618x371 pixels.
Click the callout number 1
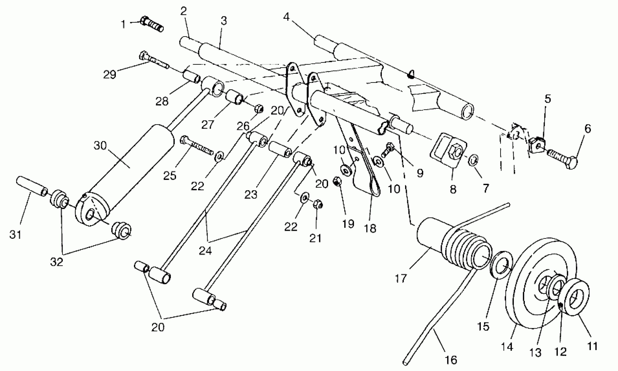[123, 24]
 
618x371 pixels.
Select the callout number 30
[100, 146]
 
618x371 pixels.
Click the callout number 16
[451, 360]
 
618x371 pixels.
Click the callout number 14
[507, 347]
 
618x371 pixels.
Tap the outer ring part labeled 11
[577, 297]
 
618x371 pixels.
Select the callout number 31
[15, 235]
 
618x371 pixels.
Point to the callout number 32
[57, 262]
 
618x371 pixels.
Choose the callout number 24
[205, 251]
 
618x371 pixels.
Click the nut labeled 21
[317, 204]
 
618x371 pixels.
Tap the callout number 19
[348, 224]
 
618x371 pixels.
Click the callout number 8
[453, 189]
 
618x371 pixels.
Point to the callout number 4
[286, 17]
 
